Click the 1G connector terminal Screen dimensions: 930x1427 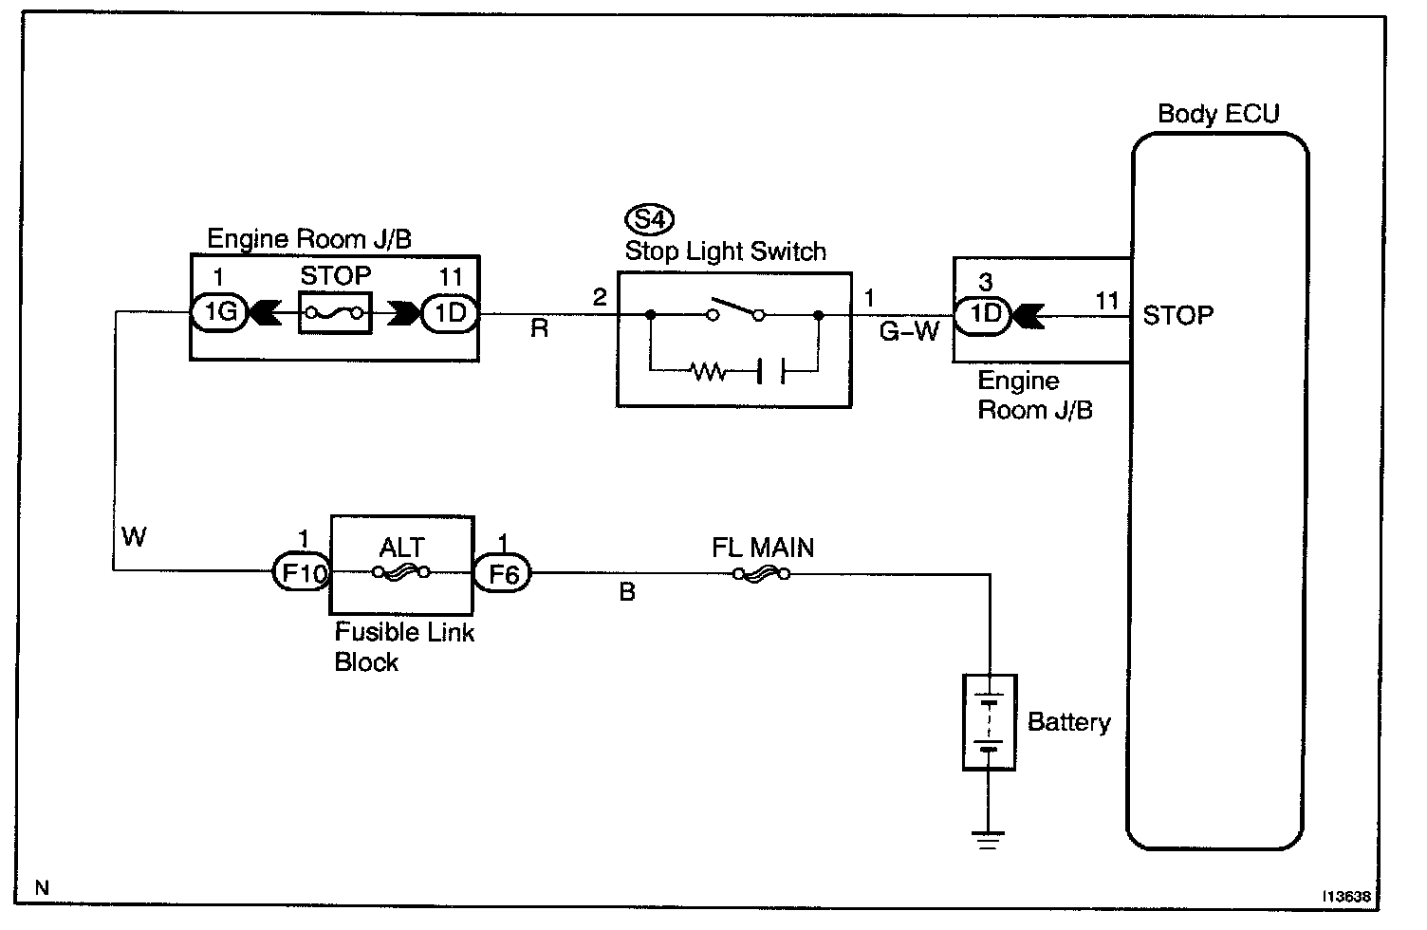tap(220, 312)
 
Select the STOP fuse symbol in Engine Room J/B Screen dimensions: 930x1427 tap(335, 313)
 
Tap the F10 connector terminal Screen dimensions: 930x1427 tap(301, 572)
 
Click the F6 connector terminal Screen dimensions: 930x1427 tap(502, 573)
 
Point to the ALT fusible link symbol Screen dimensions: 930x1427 tap(402, 572)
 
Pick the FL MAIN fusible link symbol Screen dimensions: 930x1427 tap(762, 573)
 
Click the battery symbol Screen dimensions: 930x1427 tap(990, 721)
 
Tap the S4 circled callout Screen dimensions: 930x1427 tap(649, 220)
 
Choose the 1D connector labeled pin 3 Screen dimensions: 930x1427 tap(986, 314)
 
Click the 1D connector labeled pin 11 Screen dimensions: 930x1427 tap(450, 312)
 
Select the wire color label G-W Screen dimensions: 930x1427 tap(909, 332)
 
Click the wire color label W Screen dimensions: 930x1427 tap(135, 537)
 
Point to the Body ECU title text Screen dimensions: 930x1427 tap(1218, 114)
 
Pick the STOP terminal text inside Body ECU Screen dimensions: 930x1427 tap(1177, 315)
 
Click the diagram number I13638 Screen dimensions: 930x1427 tap(1348, 895)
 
